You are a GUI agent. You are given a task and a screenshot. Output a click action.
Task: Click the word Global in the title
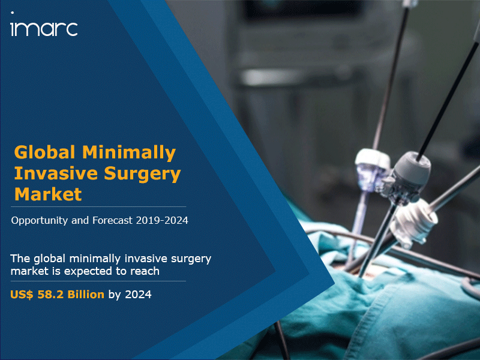44,152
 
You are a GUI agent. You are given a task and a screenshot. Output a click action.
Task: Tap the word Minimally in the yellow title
129,153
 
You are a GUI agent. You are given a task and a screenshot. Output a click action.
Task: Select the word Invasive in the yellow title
56,173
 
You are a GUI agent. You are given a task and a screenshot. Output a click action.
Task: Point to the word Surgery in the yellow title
143,174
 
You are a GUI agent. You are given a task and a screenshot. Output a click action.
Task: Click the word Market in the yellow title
48,194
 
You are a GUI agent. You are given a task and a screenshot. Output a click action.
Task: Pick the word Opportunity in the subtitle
39,221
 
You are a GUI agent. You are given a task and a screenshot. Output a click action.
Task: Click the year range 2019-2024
162,220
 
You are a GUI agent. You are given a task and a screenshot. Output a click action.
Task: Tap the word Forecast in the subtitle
113,220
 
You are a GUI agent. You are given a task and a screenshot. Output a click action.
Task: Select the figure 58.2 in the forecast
50,295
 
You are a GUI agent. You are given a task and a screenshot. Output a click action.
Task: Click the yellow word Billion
86,295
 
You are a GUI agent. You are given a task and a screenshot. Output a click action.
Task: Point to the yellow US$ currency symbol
22,295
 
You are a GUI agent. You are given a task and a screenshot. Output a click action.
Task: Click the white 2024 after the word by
138,295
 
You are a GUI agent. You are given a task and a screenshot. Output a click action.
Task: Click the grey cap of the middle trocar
412,167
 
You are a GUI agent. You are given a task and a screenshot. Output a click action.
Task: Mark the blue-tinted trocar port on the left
371,170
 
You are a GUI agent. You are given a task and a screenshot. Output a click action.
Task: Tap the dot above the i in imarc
12,13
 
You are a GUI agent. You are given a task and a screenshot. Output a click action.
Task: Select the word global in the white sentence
50,259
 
